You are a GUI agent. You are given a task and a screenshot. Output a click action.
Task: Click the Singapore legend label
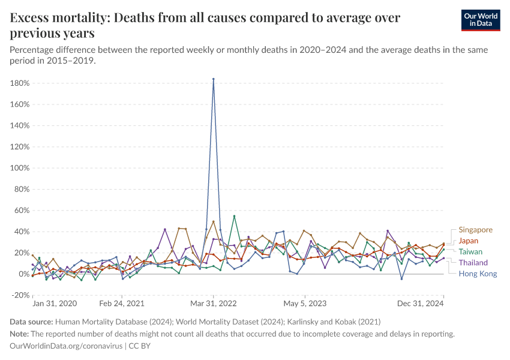[475, 230]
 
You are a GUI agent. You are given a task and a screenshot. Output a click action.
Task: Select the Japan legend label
[469, 241]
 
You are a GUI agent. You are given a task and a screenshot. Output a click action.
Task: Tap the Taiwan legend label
[470, 252]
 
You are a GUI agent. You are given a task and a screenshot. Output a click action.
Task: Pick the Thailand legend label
[473, 263]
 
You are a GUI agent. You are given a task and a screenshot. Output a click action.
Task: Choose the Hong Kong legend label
[478, 274]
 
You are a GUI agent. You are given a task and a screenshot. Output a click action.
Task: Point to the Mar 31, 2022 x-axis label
[214, 304]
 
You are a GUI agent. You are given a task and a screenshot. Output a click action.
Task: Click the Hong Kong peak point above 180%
[214, 79]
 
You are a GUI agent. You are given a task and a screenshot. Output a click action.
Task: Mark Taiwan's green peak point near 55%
[234, 216]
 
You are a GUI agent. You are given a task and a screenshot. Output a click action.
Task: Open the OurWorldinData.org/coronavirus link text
[66, 346]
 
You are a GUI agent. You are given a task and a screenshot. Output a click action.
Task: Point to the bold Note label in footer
[20, 334]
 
